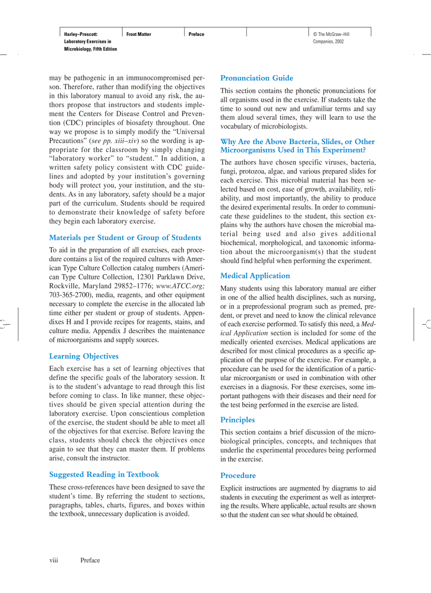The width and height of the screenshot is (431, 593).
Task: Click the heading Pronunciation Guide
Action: [257, 78]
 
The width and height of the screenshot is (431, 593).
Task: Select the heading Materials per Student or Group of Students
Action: [125, 238]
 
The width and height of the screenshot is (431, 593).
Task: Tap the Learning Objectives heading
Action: [83, 356]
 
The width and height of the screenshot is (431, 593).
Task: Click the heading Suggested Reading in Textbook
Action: [104, 474]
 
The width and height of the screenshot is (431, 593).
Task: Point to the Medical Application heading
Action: [255, 276]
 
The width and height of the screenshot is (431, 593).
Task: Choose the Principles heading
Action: [237, 420]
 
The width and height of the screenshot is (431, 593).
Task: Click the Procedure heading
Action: [238, 475]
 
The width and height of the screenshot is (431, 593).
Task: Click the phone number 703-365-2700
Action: [69, 295]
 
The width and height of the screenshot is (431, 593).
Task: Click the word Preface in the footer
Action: [90, 560]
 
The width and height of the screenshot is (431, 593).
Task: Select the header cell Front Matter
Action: [138, 34]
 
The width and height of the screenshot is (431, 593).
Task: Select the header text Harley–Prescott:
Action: [81, 34]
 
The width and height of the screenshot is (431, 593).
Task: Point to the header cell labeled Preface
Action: [196, 34]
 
